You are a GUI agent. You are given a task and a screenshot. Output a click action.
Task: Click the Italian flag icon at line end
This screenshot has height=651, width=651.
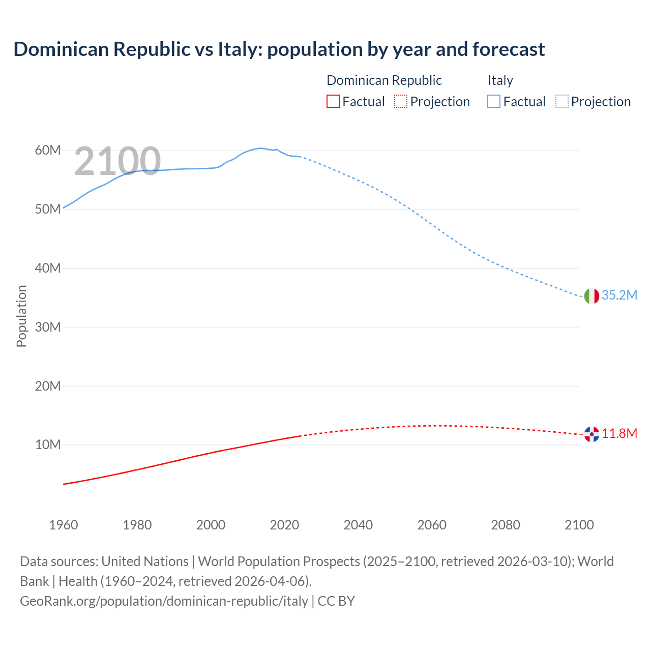pyautogui.click(x=591, y=296)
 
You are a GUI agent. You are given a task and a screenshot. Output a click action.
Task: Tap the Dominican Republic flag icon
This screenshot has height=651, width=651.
pyautogui.click(x=591, y=434)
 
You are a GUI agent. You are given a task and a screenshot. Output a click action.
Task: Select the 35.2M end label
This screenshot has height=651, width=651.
pyautogui.click(x=619, y=295)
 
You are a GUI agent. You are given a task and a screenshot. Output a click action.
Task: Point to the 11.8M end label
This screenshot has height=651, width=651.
pyautogui.click(x=619, y=433)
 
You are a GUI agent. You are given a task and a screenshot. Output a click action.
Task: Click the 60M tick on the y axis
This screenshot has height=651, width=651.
pyautogui.click(x=48, y=151)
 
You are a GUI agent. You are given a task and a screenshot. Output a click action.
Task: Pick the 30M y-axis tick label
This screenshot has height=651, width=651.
pyautogui.click(x=48, y=327)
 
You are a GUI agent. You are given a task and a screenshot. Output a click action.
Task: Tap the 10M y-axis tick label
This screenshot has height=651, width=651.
pyautogui.click(x=48, y=445)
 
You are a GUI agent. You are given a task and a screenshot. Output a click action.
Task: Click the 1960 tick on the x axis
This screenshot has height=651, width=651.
pyautogui.click(x=64, y=525)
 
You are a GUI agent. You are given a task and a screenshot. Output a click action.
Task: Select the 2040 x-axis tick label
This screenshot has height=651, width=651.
pyautogui.click(x=358, y=525)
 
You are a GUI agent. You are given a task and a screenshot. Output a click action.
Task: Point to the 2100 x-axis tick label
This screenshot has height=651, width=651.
pyautogui.click(x=579, y=525)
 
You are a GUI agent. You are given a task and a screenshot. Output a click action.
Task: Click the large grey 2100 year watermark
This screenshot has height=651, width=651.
pyautogui.click(x=117, y=161)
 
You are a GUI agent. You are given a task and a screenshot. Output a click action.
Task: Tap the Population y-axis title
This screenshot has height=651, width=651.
pyautogui.click(x=21, y=316)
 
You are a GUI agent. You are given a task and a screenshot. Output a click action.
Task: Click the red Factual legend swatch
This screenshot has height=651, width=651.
pyautogui.click(x=333, y=102)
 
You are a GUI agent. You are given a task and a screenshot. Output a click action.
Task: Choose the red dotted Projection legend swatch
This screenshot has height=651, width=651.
pyautogui.click(x=401, y=102)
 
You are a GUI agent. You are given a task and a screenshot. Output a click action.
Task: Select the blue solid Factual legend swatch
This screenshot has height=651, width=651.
pyautogui.click(x=494, y=102)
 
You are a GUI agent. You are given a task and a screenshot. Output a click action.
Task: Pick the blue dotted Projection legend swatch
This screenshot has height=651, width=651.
pyautogui.click(x=562, y=102)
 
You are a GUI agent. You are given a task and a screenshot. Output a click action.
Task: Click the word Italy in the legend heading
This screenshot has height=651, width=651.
pyautogui.click(x=500, y=80)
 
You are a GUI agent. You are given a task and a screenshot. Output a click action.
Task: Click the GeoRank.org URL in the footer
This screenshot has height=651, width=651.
pyautogui.click(x=164, y=601)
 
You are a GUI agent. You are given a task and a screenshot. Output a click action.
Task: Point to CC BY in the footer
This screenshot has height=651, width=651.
pyautogui.click(x=336, y=601)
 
